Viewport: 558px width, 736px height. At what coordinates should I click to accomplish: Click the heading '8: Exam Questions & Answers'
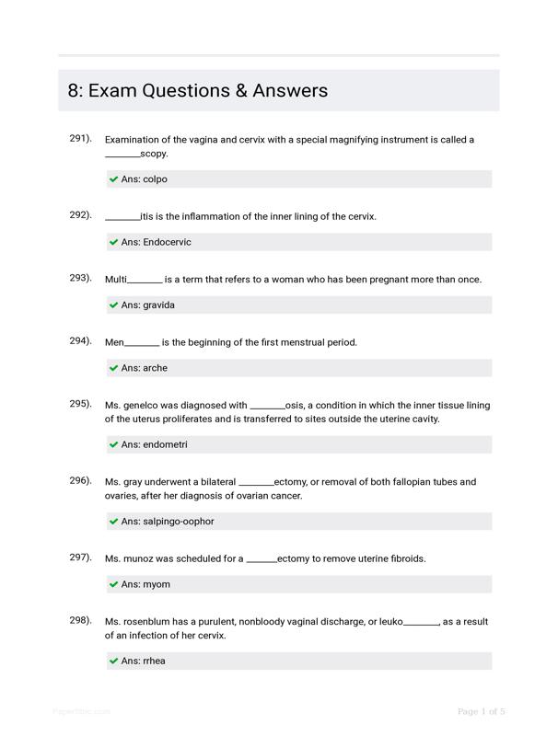pyautogui.click(x=198, y=91)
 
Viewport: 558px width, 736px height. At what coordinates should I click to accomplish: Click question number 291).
pyautogui.click(x=81, y=139)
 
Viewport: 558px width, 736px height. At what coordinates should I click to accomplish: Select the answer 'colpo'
pyautogui.click(x=155, y=179)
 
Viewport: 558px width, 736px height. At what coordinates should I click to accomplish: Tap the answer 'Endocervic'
pyautogui.click(x=167, y=242)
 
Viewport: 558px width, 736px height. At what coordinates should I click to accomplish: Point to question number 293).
pyautogui.click(x=81, y=278)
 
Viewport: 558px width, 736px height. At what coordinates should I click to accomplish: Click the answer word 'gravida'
pyautogui.click(x=158, y=305)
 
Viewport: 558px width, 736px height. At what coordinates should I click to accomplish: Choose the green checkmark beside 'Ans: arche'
pyautogui.click(x=113, y=368)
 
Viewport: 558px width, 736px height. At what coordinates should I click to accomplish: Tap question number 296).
pyautogui.click(x=81, y=481)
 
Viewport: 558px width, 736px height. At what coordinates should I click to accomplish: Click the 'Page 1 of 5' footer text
pyautogui.click(x=482, y=711)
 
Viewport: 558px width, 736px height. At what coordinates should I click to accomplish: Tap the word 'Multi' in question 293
pyautogui.click(x=116, y=280)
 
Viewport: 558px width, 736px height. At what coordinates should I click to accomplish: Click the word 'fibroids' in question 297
pyautogui.click(x=406, y=558)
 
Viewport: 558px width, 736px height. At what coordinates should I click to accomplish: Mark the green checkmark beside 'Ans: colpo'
pyautogui.click(x=113, y=179)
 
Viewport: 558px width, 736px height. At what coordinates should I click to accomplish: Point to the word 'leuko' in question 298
pyautogui.click(x=389, y=622)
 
